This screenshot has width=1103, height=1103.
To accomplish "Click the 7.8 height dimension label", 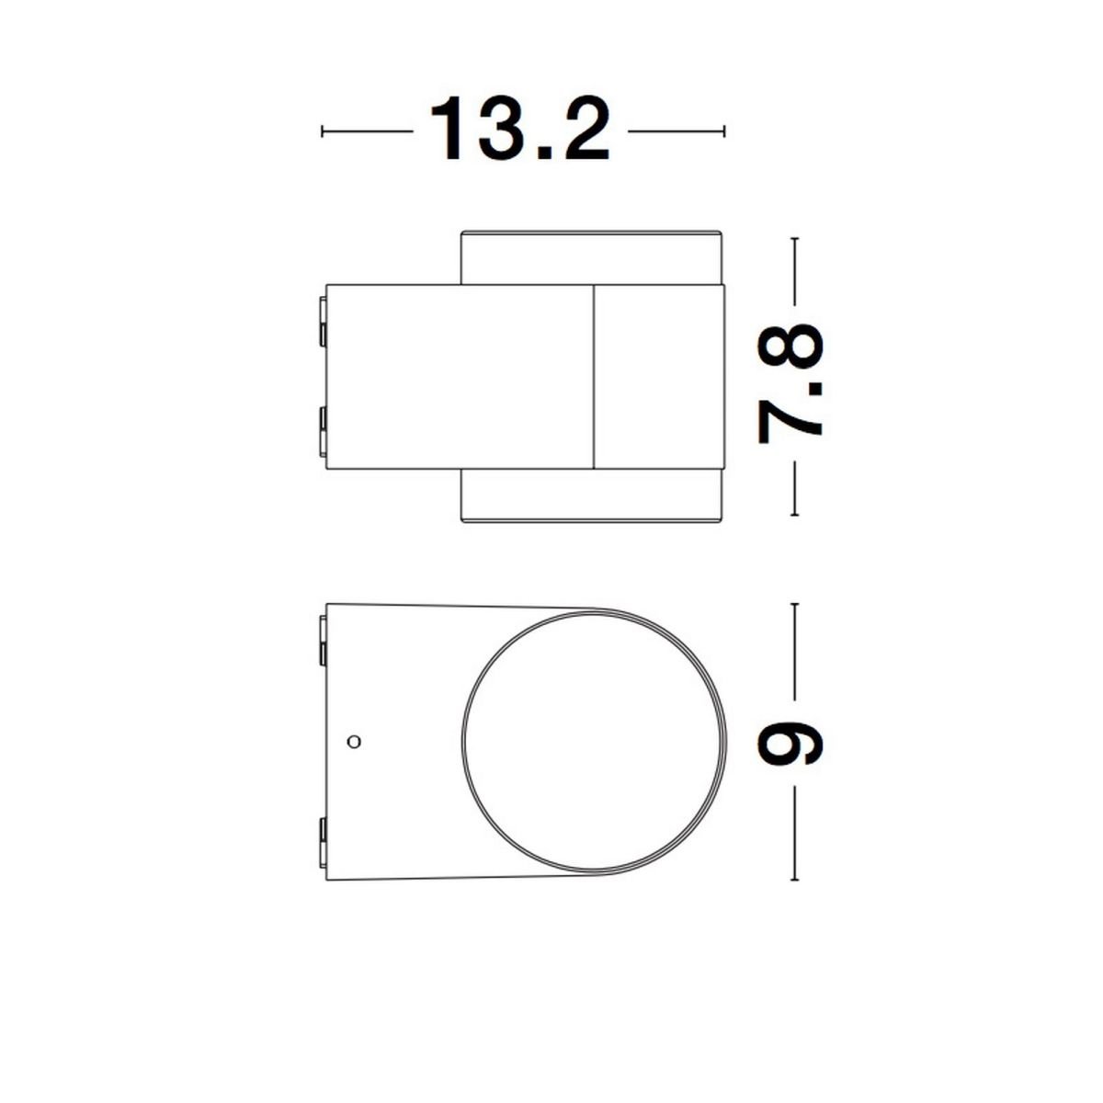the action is [x=790, y=383].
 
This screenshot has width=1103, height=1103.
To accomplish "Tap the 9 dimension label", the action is [x=790, y=742].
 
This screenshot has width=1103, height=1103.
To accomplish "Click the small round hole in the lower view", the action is [x=354, y=742].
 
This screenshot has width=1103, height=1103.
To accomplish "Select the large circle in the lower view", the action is [x=462, y=742].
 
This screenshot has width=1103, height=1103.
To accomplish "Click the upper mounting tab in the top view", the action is [x=323, y=322].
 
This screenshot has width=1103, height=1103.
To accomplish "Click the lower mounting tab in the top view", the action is [x=323, y=432].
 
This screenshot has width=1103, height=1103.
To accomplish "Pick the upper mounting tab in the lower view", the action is [x=323, y=640].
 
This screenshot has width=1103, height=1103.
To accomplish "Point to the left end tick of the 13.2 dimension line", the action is [x=323, y=131].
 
